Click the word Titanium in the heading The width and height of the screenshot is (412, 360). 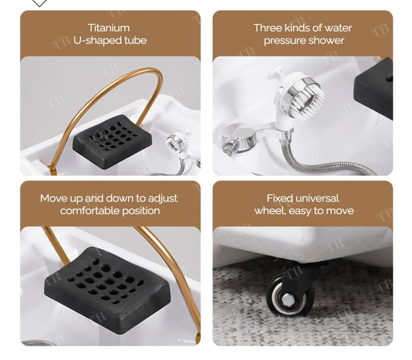(109, 28)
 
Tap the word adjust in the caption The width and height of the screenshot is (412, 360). (163, 198)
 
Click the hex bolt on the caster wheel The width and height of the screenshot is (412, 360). (288, 298)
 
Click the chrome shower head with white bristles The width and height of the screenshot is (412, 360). (303, 98)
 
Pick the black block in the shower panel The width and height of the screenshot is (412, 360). (374, 89)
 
